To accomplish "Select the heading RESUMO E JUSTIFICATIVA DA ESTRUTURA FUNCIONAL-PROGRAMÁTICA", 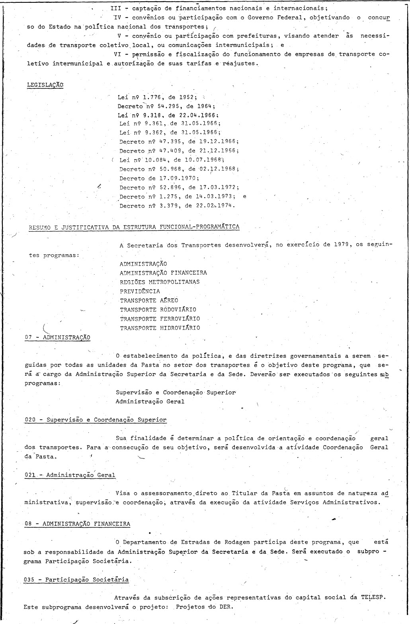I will point(134,227).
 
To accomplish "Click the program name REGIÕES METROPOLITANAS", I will point(160,282).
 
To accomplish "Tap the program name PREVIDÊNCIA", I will point(140,291).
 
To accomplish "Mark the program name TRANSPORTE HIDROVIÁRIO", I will point(160,328).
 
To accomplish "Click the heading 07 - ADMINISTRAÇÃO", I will point(57,337).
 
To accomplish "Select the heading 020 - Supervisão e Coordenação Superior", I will point(96,419).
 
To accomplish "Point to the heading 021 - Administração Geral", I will point(70,475).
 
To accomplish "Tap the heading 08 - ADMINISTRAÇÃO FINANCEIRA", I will point(77,524).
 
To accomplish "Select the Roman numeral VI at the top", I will point(117,55).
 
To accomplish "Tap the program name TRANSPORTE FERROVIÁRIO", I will point(160,319).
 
